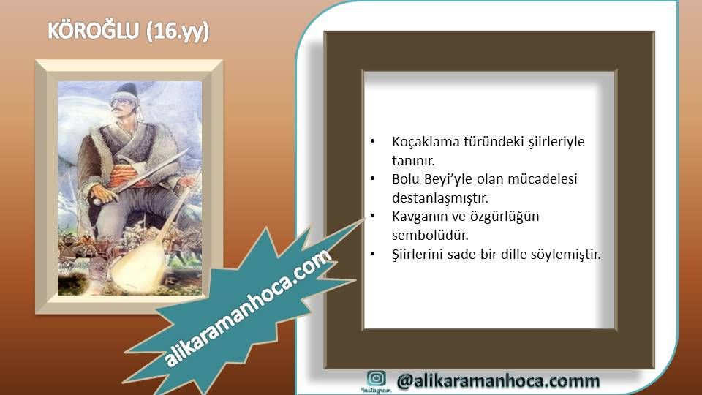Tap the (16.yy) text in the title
click(x=178, y=31)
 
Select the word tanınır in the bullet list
click(x=413, y=160)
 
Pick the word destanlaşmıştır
click(x=440, y=198)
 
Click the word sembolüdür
click(x=430, y=235)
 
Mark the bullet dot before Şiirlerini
click(x=372, y=255)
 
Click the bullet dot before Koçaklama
click(x=372, y=141)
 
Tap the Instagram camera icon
click(x=376, y=378)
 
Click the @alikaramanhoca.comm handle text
click(x=498, y=380)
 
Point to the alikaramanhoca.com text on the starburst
click(x=249, y=308)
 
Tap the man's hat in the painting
click(x=125, y=92)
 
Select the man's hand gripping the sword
click(x=102, y=193)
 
